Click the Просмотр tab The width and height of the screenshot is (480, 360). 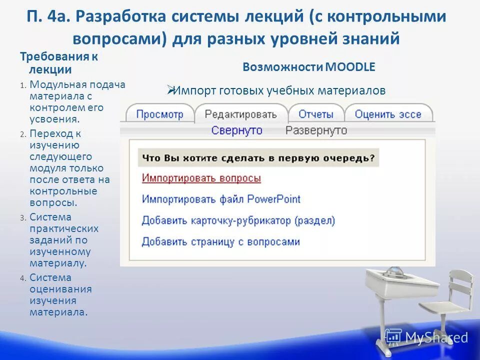point(159,114)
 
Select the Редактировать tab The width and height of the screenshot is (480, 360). point(240,114)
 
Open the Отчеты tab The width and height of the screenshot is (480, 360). point(315,114)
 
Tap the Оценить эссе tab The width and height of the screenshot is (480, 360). point(388,114)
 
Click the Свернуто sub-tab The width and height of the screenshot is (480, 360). point(236,130)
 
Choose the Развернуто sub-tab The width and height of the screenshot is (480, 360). point(316,130)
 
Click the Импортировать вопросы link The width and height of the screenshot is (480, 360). point(201,178)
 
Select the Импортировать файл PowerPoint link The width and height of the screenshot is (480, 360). point(221,199)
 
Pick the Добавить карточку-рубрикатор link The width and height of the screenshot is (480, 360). point(238,220)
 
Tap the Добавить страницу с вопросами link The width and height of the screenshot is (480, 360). point(220,242)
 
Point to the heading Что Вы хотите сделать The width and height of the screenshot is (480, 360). point(258,157)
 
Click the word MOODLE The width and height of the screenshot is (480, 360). point(350,67)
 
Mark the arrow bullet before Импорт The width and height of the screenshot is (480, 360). point(170,90)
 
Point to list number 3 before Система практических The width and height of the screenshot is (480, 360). point(22,217)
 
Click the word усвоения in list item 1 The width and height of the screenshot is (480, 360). point(54,119)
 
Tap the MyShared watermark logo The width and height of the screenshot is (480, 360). point(426,337)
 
